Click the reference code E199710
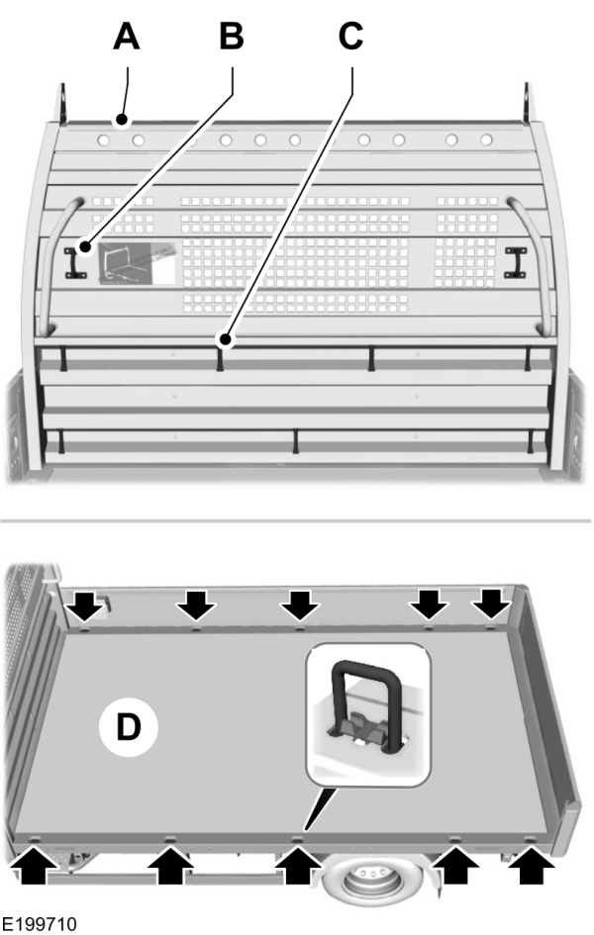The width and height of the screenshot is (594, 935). [x=39, y=922]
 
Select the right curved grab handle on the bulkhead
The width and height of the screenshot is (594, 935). [x=533, y=262]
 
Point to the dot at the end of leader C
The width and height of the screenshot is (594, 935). [x=226, y=341]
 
